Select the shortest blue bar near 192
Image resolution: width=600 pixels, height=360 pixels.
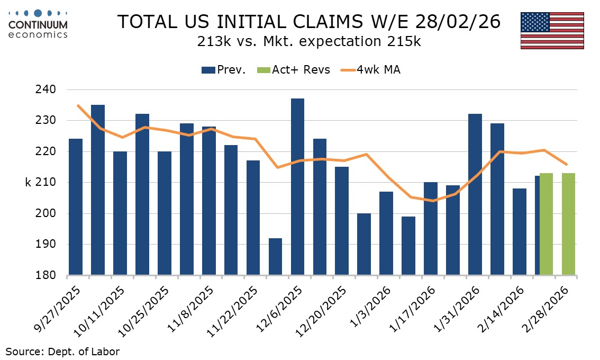point(275,257)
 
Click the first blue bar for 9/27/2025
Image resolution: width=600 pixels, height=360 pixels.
point(76,207)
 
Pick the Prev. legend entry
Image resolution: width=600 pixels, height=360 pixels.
point(224,70)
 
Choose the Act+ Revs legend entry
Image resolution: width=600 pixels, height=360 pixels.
point(294,70)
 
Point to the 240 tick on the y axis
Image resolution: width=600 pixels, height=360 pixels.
point(48,89)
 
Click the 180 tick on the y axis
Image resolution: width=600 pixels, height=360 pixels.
point(48,275)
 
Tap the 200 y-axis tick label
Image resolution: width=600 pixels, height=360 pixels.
point(48,213)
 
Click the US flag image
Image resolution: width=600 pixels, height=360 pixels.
point(552,30)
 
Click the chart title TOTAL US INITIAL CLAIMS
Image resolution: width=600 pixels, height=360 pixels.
point(308,22)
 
